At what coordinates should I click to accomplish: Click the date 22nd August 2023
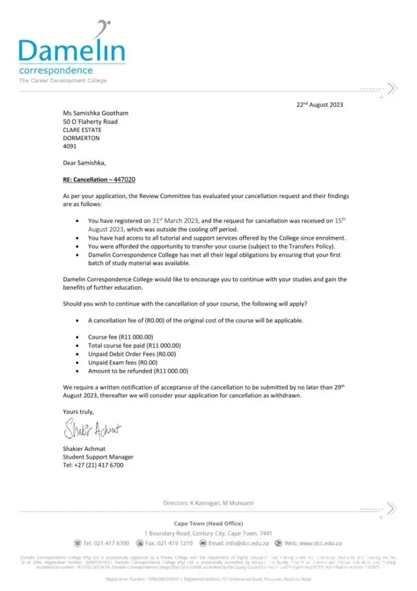click(320, 105)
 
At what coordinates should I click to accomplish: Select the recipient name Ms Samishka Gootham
click(96, 113)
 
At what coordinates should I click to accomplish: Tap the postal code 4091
click(70, 146)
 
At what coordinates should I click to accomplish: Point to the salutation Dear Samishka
click(85, 163)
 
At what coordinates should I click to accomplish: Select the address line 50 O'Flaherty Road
click(90, 121)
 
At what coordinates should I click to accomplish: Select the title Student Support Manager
click(98, 457)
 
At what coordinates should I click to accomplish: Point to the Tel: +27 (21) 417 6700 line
click(93, 465)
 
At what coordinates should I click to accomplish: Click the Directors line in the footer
click(209, 503)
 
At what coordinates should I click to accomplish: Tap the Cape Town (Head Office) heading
click(209, 523)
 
